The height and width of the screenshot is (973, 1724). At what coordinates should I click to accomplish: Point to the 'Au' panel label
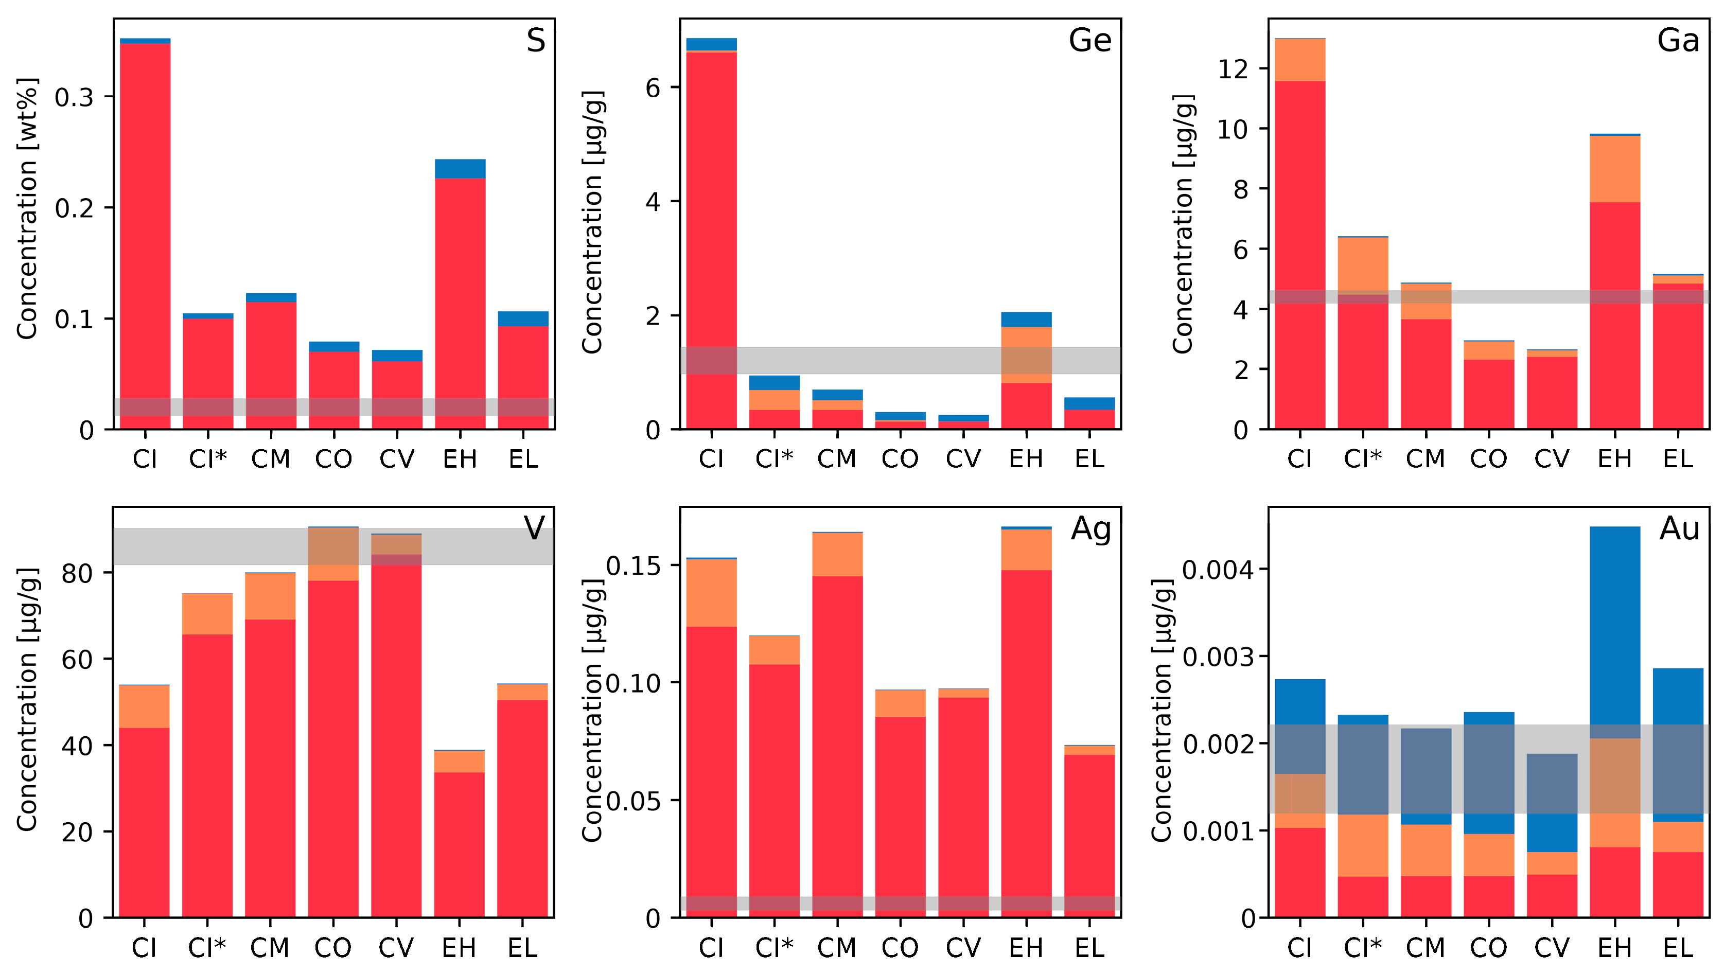coord(1679,529)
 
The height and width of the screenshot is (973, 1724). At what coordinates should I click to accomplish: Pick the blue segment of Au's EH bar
coord(1614,623)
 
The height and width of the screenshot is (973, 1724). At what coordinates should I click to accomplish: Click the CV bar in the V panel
coord(396,736)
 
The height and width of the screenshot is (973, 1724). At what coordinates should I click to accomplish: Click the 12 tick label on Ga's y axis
coord(1232,69)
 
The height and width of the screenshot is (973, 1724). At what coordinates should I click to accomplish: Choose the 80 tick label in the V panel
coord(77,574)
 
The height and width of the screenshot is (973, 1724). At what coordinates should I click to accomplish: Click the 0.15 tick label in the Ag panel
coord(632,566)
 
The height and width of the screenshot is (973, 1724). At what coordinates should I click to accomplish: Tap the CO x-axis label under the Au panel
coord(1488,948)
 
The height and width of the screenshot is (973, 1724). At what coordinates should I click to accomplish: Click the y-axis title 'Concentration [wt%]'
coord(27,209)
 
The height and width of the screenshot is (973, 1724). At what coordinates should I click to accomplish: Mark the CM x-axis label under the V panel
coord(270,948)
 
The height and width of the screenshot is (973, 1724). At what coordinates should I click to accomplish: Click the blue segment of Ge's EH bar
coord(1026,319)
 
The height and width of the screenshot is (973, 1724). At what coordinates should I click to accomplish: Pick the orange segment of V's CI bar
coord(144,706)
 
